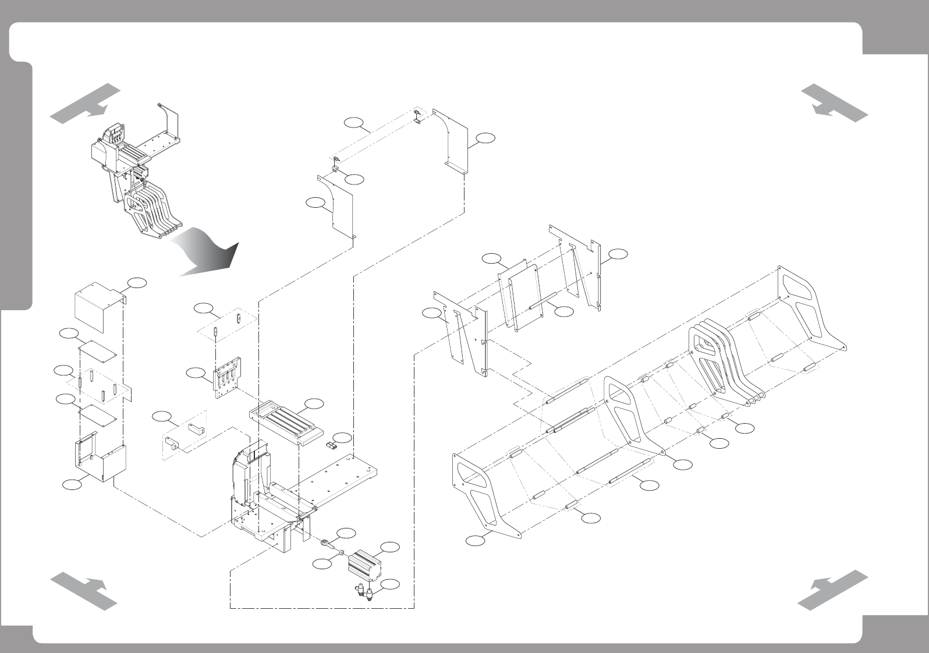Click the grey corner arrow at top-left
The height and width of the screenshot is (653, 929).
85,104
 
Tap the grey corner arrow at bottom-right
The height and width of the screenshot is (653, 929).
832,590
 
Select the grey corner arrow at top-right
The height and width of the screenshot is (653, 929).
834,102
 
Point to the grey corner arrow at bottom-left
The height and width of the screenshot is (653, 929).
85,590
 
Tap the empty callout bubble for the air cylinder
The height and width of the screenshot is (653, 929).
390,546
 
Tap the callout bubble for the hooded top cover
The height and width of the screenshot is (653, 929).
138,282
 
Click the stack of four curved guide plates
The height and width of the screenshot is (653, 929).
725,364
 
